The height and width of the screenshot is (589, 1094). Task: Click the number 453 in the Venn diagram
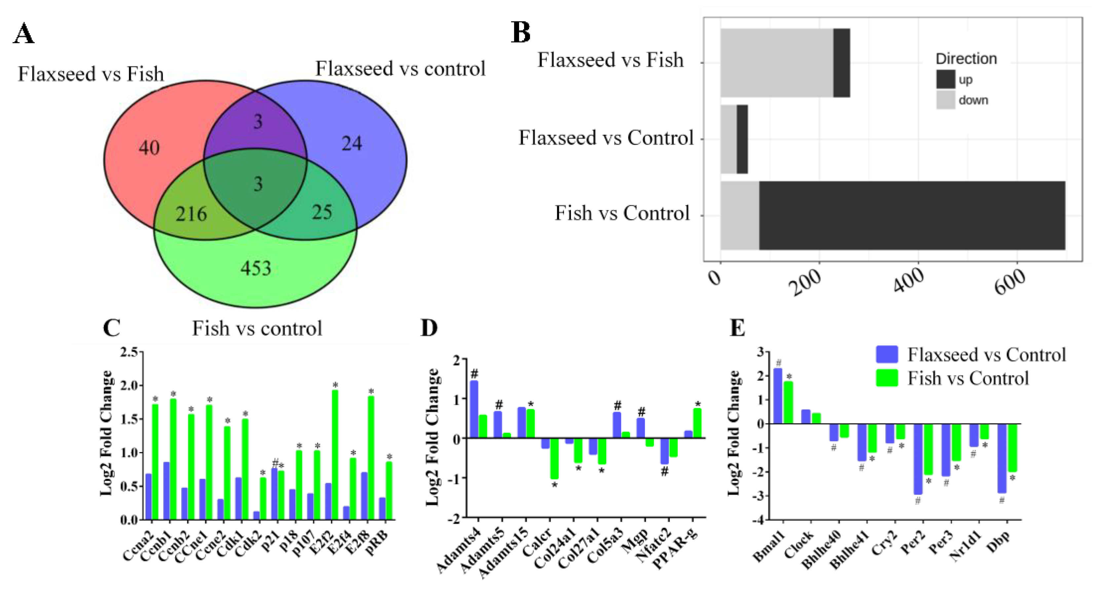pos(256,268)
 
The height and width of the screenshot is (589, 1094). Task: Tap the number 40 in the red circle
pos(149,148)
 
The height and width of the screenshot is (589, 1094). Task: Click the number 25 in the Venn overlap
pos(322,212)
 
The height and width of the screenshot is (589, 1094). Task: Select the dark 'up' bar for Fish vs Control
pos(912,216)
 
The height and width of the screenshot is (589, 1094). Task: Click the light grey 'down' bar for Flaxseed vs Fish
pos(776,63)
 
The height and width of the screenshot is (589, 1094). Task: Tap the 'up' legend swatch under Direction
pos(945,79)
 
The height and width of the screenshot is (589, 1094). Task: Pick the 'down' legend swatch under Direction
pos(945,100)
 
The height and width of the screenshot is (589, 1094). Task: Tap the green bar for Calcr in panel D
pos(554,458)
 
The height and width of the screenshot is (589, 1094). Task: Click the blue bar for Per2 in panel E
pos(918,459)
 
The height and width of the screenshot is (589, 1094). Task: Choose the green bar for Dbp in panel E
pos(1012,448)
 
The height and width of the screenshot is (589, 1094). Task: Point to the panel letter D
pos(429,329)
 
